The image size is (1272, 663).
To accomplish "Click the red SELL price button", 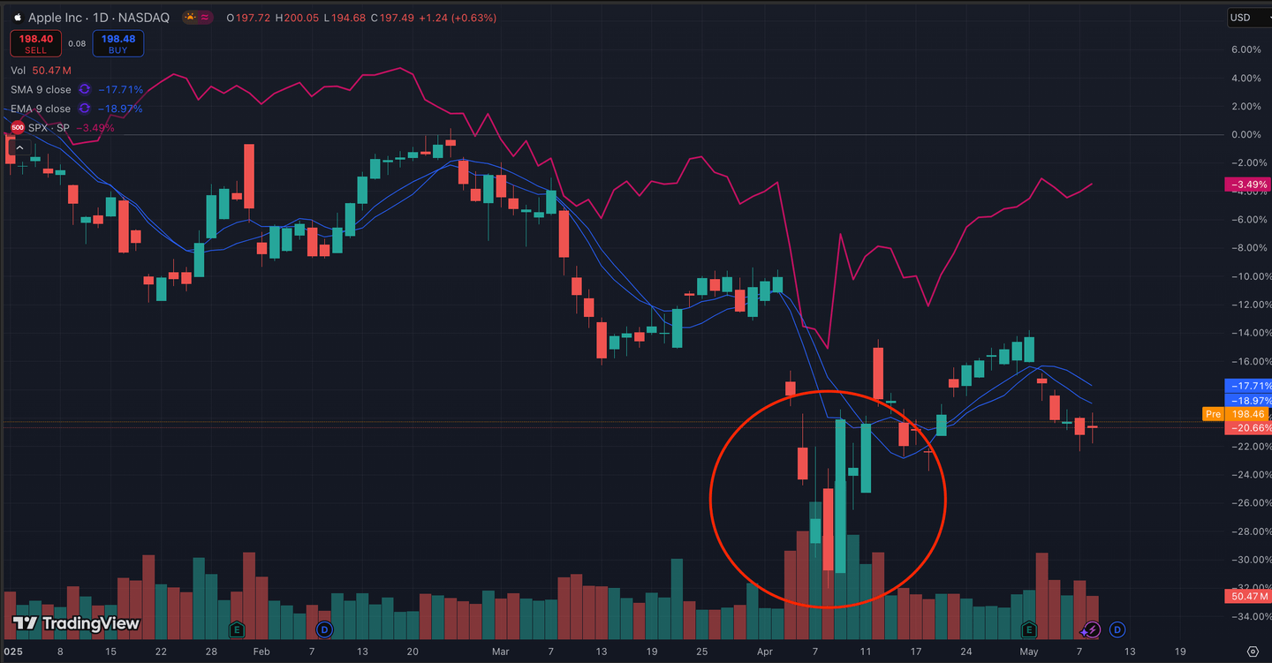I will tap(35, 43).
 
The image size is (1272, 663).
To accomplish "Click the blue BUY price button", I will tap(117, 43).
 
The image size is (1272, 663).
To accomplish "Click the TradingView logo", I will tap(76, 623).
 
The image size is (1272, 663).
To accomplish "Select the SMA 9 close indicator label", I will tap(41, 89).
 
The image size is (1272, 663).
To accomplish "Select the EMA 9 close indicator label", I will tap(41, 109).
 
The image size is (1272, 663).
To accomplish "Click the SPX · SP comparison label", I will tap(49, 128).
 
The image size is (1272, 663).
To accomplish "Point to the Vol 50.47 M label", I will tap(41, 70).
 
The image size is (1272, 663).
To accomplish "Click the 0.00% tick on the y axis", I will tap(1245, 135).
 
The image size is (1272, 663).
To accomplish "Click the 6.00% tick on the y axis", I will tap(1245, 49).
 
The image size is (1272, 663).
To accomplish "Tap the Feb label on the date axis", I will tap(261, 652).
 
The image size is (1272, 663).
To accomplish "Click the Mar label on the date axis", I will tap(500, 652).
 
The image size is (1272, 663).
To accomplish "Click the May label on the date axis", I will tap(1028, 652).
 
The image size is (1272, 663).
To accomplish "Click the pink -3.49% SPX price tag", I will tap(1247, 185).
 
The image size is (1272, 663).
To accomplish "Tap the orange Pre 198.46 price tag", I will tap(1237, 414).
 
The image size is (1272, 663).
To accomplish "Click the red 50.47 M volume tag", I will tap(1247, 597).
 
